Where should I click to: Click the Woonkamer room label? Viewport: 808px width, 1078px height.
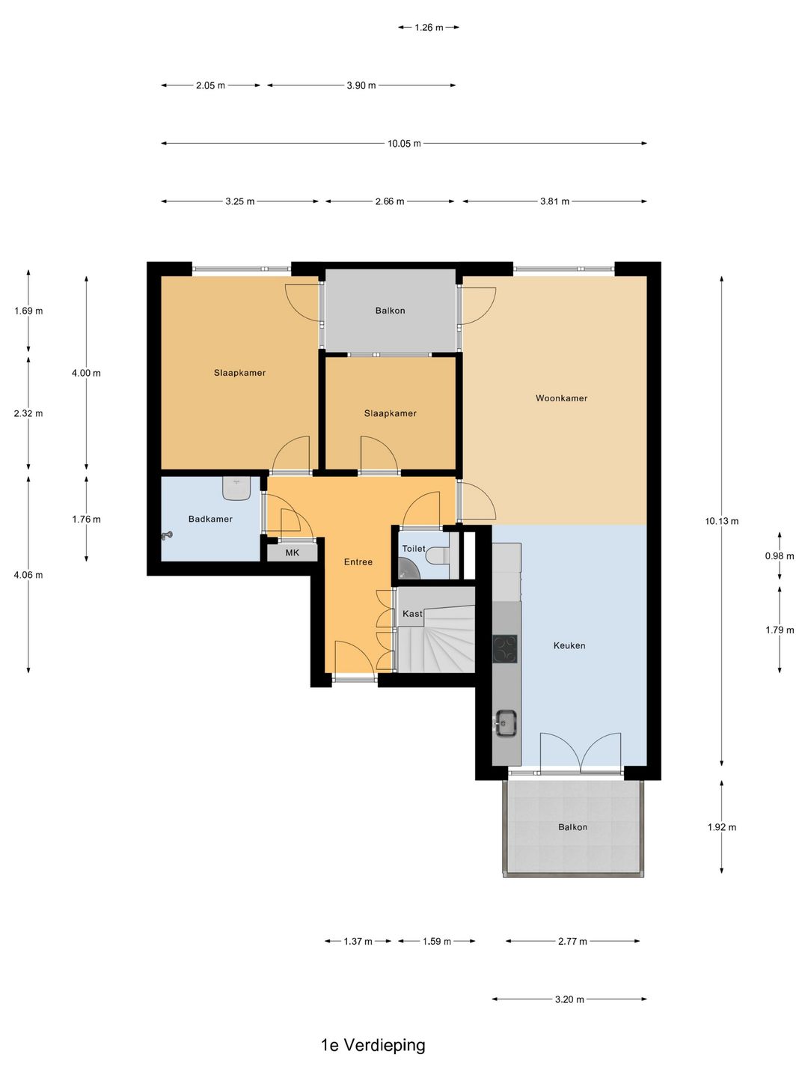pos(561,398)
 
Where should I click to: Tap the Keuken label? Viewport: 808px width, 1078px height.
pos(569,646)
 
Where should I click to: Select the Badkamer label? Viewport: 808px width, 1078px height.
pos(210,519)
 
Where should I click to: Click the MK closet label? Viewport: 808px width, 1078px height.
pos(293,553)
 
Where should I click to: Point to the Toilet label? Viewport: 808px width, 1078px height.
pos(414,549)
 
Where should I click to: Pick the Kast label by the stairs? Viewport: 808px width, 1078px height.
pos(412,614)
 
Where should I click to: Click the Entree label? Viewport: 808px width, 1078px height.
pos(358,562)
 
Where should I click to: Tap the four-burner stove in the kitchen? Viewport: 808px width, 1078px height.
pos(505,649)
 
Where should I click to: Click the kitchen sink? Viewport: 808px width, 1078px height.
pos(506,723)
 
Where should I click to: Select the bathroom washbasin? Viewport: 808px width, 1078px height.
pos(237,488)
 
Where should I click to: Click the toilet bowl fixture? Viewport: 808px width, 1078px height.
pos(438,556)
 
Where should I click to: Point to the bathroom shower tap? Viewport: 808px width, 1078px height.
pos(167,536)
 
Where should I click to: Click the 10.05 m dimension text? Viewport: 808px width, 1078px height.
pos(404,144)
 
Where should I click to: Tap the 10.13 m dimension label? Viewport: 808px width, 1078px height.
pos(722,522)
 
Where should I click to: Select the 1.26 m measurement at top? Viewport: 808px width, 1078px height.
pos(429,28)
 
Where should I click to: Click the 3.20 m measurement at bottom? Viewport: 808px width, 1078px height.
pos(569,999)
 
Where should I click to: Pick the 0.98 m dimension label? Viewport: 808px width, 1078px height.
pos(780,556)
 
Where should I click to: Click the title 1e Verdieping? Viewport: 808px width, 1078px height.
pos(373,1045)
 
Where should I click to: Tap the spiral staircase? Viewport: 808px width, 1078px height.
pos(436,639)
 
